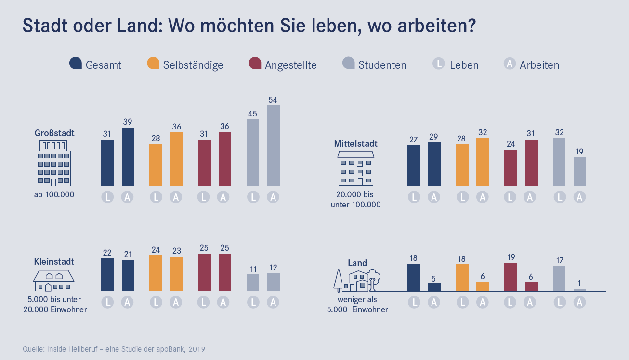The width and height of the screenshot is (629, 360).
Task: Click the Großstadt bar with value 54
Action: (x=273, y=145)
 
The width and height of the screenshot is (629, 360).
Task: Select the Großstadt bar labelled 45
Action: (x=253, y=152)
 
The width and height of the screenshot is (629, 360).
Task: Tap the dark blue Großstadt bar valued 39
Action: (x=128, y=156)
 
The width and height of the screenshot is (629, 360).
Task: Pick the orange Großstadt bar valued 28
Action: (x=156, y=165)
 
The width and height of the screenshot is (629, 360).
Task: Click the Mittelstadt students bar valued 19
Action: (x=580, y=171)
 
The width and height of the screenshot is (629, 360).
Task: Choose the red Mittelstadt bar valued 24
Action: (x=511, y=167)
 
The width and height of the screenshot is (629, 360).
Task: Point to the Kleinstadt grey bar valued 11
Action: (x=253, y=283)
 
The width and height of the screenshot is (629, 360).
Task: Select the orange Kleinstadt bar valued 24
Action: (x=156, y=273)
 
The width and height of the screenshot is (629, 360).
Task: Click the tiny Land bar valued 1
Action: (x=580, y=290)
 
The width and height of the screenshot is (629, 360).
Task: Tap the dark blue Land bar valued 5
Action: (x=434, y=287)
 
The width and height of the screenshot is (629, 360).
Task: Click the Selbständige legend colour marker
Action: (x=153, y=64)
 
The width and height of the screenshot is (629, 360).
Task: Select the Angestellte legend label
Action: (x=290, y=65)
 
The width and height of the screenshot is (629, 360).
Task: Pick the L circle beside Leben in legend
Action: (x=438, y=64)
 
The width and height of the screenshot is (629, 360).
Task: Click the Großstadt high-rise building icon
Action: (x=53, y=164)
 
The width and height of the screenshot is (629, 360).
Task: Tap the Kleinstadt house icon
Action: (x=53, y=281)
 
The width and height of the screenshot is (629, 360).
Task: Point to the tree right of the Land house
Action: (x=374, y=279)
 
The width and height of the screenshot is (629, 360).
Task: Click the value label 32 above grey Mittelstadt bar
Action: (x=559, y=132)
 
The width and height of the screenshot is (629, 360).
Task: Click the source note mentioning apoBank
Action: (x=114, y=349)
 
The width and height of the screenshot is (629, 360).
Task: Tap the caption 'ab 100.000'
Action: (x=53, y=195)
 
